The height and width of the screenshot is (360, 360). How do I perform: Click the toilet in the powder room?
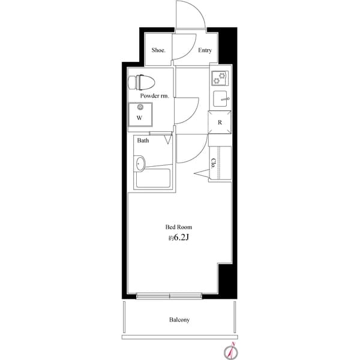point(142,82)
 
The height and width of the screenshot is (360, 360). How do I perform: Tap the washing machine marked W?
point(140,115)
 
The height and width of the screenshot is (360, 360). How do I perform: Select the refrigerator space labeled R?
point(220,122)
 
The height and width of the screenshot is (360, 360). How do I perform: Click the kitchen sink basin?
point(220,99)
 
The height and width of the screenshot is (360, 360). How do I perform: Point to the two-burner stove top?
point(220,78)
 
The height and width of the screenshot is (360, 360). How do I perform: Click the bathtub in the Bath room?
point(153,178)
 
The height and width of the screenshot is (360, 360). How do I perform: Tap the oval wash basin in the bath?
point(139,163)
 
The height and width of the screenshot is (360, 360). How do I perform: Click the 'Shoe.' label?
point(158,50)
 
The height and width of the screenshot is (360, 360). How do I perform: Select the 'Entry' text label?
point(205,50)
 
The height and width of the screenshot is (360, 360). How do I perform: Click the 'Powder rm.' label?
point(155,96)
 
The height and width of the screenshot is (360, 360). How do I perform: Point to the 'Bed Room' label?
point(179,227)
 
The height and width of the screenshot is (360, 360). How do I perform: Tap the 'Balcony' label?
point(179,320)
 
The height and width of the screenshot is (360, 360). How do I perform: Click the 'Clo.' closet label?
point(214,163)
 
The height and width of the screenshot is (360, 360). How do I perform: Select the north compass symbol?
point(231,351)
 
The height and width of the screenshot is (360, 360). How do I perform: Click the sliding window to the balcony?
point(169,296)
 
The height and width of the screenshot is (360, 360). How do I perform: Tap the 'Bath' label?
point(143,140)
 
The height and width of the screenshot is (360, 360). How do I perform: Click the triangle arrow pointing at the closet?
point(202,173)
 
